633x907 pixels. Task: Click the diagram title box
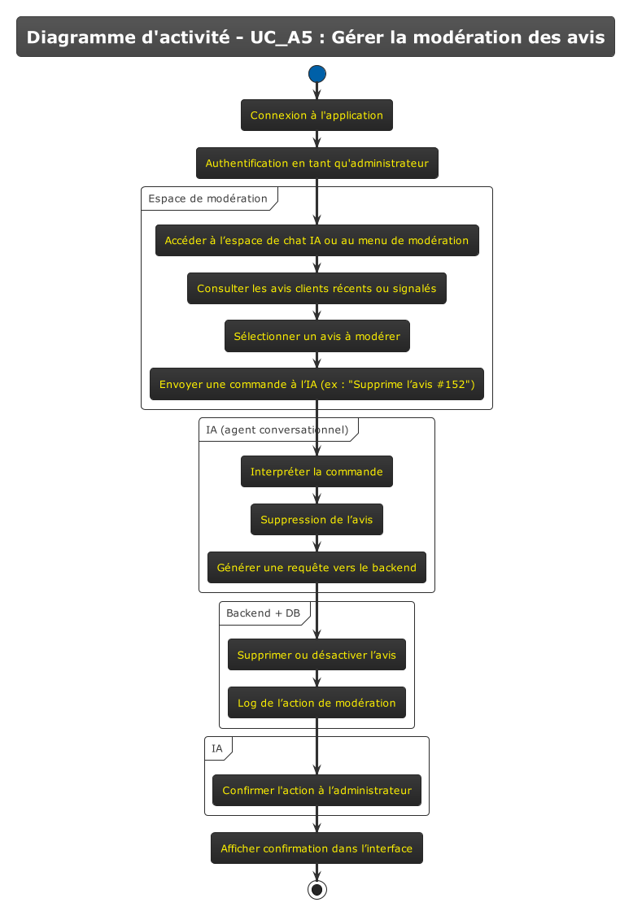(x=316, y=37)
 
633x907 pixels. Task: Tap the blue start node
(x=317, y=74)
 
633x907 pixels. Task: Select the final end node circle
(x=317, y=889)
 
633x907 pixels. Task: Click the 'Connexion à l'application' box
(x=316, y=116)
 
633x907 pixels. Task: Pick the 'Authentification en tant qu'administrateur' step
(x=316, y=164)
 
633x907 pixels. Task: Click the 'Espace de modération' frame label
(x=207, y=198)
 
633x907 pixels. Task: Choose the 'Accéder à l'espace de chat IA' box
(x=316, y=241)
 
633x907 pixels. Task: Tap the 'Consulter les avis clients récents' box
(x=316, y=289)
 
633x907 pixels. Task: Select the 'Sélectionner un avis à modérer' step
(x=316, y=337)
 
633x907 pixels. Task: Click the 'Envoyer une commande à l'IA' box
(x=316, y=385)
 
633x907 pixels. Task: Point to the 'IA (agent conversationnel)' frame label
(x=277, y=430)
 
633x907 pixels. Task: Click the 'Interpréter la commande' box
(x=316, y=472)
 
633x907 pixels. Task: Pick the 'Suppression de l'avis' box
(x=316, y=520)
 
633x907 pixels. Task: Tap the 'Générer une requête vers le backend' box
(x=316, y=568)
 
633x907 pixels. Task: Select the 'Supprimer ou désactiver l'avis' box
(x=316, y=655)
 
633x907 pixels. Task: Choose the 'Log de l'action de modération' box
(x=316, y=703)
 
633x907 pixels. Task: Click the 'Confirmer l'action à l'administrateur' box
(x=316, y=791)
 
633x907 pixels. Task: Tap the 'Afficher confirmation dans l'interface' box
(x=316, y=848)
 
